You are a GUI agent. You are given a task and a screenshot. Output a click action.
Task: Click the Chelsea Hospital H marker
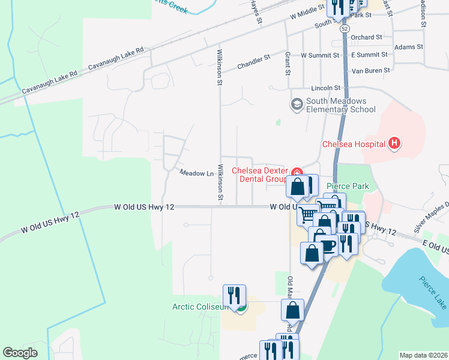[x=394, y=143]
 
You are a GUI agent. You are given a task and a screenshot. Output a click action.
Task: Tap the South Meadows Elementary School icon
[x=297, y=105]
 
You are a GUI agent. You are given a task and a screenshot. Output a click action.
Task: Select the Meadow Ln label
[x=197, y=173]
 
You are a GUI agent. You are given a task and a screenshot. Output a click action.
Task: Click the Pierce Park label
[x=348, y=187]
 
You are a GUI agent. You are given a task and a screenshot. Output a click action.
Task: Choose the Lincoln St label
[x=326, y=88]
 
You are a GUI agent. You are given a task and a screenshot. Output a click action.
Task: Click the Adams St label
[x=409, y=47]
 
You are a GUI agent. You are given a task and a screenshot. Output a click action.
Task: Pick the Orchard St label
[x=367, y=37]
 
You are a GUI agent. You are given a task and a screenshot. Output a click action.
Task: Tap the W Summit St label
[x=321, y=55]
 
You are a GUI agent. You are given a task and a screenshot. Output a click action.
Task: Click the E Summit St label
[x=369, y=55]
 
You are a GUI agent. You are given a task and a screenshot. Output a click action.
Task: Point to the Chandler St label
[x=254, y=62]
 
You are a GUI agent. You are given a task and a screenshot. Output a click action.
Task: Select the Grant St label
[x=288, y=62]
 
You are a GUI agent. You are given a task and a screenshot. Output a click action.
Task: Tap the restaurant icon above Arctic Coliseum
[x=234, y=295]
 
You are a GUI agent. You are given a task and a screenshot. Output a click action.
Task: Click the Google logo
[x=20, y=353]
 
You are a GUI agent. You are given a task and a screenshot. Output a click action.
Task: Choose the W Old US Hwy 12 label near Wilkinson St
[x=144, y=207]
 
